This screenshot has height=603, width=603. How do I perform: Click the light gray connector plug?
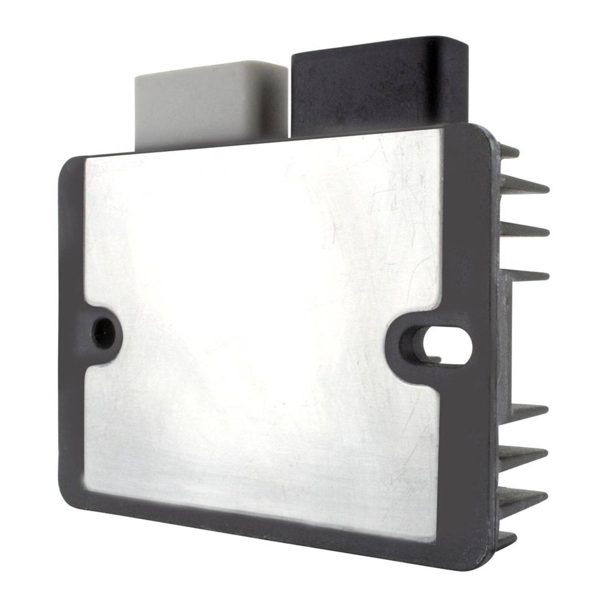coord(206,108)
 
